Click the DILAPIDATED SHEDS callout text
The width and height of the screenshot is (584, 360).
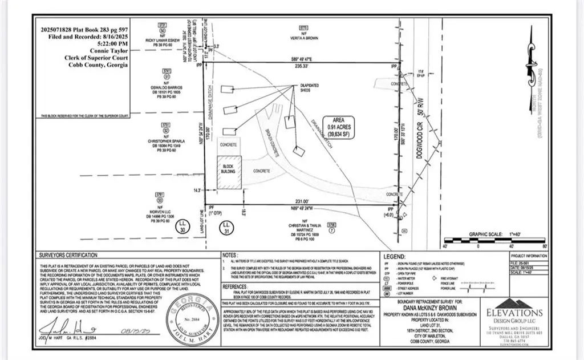tap(313, 87)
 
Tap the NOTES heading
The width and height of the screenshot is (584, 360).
tap(230, 255)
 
